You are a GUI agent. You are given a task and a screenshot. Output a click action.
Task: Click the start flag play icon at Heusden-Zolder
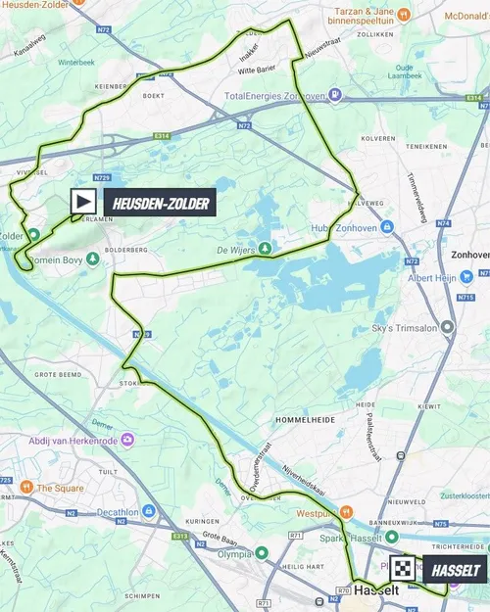click(83, 202)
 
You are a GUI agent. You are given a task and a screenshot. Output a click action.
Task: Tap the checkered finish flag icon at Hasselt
click(403, 569)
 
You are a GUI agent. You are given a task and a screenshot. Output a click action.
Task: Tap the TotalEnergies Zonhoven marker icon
click(335, 95)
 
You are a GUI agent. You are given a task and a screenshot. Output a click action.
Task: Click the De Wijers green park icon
click(263, 247)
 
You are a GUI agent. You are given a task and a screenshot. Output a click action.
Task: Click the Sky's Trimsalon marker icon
click(448, 326)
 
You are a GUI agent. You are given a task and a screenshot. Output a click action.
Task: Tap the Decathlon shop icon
click(148, 510)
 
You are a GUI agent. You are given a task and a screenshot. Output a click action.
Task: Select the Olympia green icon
click(261, 552)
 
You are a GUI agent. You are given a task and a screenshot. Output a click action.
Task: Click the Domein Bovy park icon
click(91, 259)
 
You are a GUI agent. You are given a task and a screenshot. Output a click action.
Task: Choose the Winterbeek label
click(74, 61)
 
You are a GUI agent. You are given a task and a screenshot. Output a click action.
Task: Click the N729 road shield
click(103, 176)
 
